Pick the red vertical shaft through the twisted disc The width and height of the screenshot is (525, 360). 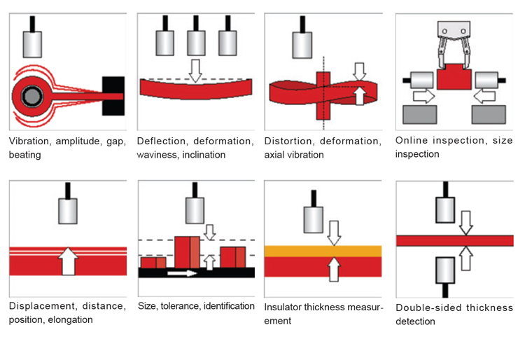(x=323, y=94)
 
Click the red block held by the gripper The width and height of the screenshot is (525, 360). (x=454, y=75)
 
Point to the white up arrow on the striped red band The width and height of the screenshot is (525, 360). (x=68, y=261)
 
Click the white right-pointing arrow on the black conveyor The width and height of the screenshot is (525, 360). (x=182, y=273)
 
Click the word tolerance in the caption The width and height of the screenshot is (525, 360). (x=183, y=306)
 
